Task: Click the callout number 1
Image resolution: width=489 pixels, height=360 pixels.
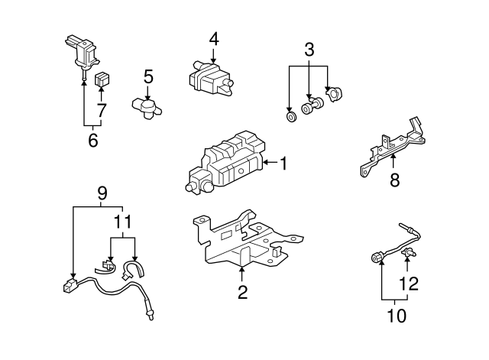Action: [283, 162]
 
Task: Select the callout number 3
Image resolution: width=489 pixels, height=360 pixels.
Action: [309, 50]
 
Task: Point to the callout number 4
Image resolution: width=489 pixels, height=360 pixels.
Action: [214, 38]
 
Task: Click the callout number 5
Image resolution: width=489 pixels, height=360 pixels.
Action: [148, 76]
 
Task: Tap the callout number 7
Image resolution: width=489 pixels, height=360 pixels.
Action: [102, 109]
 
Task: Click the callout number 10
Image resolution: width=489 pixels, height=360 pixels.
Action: [396, 313]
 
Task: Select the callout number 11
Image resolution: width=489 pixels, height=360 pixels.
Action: [123, 222]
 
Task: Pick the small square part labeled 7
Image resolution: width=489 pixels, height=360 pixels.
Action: [101, 79]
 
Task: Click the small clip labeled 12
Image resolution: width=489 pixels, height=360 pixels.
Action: [410, 251]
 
